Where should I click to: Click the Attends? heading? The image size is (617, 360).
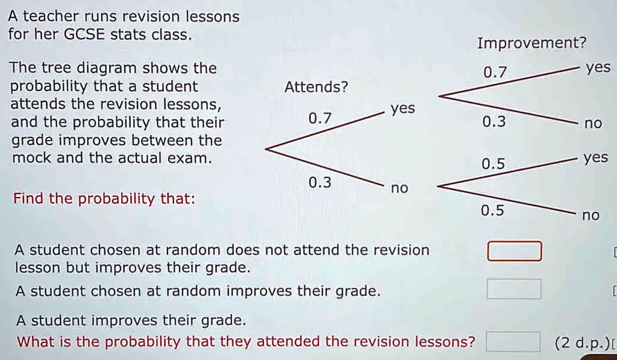point(316,87)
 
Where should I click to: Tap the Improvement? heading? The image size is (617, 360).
point(531,43)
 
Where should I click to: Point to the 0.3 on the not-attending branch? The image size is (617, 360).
point(319,182)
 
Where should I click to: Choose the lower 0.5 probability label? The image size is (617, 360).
point(493,210)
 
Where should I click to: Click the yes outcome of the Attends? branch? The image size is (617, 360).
point(402,109)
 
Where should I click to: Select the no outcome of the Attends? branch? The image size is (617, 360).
point(399,189)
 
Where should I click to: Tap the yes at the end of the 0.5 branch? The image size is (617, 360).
point(596,158)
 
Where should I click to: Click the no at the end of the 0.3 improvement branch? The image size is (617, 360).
point(593,124)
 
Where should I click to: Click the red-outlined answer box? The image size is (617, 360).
point(514,251)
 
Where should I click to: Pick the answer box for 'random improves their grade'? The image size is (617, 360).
point(514,289)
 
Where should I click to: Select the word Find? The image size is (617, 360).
point(28,198)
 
